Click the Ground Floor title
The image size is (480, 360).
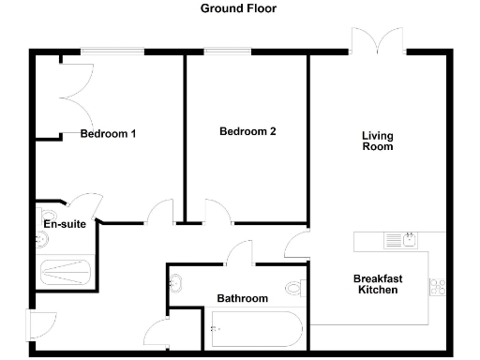pos(239,8)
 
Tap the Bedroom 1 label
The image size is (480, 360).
pos(108,134)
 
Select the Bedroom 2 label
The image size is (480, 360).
pos(247,132)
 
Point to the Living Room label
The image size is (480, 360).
pos(377,142)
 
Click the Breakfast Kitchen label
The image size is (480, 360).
pos(377,284)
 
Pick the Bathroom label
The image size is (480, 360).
pos(243,299)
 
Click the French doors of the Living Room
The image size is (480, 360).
pos(378,42)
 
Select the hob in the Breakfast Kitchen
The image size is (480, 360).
pos(437,285)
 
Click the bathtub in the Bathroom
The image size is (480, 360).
pos(254,328)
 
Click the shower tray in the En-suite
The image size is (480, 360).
pos(66,272)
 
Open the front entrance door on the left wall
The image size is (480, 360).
pos(41,324)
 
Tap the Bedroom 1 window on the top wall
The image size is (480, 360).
pos(111,51)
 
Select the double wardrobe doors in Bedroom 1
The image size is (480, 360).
pos(75,94)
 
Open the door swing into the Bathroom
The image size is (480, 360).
pos(241,252)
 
